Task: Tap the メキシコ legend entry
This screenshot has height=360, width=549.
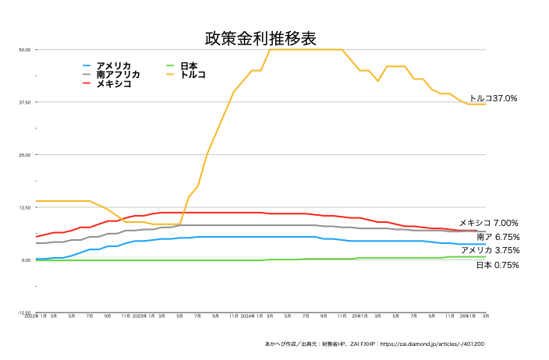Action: pos(113,83)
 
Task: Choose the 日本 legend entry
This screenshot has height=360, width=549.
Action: pos(188,65)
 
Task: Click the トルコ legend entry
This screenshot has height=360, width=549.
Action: pos(193,74)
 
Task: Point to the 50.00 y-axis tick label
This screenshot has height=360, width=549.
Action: pos(24,50)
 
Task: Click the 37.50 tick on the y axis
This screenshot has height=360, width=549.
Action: pos(24,102)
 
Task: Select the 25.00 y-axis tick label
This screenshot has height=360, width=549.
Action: pos(24,155)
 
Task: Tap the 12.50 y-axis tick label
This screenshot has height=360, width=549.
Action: pos(24,207)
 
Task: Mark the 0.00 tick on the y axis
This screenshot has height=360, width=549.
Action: pos(26,260)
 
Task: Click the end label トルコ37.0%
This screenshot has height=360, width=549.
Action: pos(493,99)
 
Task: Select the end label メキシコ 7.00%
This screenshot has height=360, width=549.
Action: pos(488,223)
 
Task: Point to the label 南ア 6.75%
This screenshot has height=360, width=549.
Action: pos(498,237)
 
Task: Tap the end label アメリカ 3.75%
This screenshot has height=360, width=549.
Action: pos(490,250)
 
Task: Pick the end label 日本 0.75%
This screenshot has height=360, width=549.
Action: pos(498,265)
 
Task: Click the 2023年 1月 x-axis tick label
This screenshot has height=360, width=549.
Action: pos(143,317)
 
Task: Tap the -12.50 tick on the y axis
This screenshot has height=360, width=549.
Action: pos(23,312)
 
